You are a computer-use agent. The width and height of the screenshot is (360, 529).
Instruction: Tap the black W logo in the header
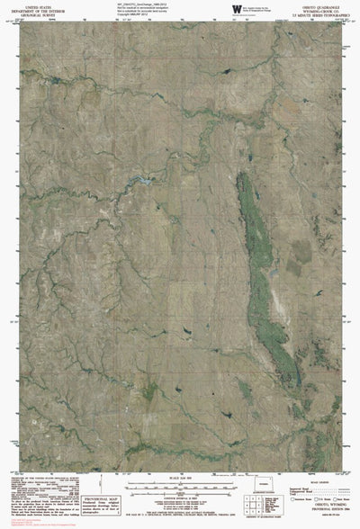click(x=236, y=8)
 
